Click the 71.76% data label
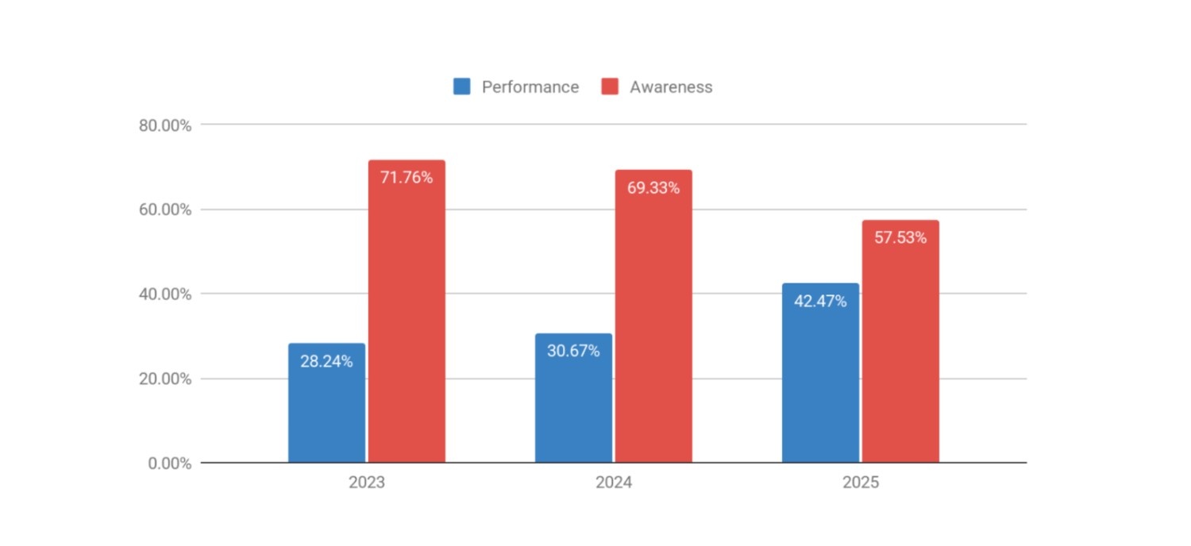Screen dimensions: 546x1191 click(x=407, y=178)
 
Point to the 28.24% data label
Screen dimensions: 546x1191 click(x=326, y=362)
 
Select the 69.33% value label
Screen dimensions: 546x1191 click(x=653, y=188)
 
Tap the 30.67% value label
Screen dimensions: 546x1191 click(x=573, y=351)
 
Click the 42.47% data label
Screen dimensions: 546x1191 click(x=820, y=302)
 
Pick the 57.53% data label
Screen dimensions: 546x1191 click(x=900, y=237)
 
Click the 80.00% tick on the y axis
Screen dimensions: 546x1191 click(x=165, y=125)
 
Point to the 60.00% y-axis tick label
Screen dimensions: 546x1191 click(x=165, y=210)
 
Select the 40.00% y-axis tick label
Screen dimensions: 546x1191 click(x=165, y=294)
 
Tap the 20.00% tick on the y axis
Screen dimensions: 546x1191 click(x=165, y=379)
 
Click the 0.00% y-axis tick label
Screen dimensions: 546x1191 click(x=169, y=463)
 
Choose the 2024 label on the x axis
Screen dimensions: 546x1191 click(x=614, y=483)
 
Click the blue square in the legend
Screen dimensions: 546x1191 click(x=462, y=87)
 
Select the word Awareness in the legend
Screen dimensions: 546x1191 click(x=671, y=87)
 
